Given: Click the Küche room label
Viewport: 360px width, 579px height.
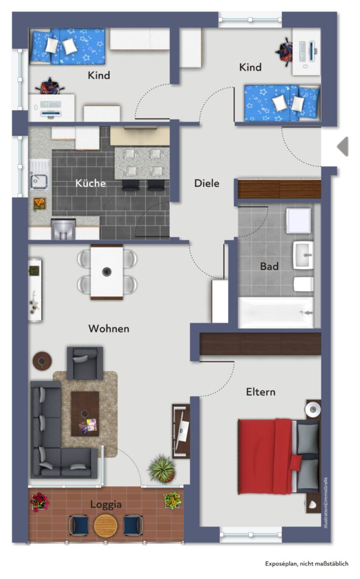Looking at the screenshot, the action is [91, 183].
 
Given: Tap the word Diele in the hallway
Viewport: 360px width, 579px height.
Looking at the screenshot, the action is [207, 183].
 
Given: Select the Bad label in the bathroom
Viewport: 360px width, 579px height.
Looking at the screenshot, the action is [269, 266].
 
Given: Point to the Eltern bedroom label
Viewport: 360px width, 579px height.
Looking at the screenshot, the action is [261, 392].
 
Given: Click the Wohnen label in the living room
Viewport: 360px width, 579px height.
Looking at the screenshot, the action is [109, 329].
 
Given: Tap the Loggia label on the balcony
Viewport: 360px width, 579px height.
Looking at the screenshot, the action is [106, 504].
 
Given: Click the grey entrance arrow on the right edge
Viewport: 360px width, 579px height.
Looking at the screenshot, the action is [343, 146].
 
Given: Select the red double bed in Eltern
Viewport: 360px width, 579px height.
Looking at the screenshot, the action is [279, 456].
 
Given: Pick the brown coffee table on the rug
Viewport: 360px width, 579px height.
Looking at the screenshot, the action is [85, 414].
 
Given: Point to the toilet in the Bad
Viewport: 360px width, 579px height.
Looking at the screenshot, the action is [304, 284].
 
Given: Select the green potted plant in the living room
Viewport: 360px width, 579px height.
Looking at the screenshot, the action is [162, 469].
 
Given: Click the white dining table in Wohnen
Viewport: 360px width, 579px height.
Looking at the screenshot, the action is [107, 272].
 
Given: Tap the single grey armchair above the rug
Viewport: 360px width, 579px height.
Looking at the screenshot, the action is [85, 363].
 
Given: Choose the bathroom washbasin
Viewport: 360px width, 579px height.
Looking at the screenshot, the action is [303, 255].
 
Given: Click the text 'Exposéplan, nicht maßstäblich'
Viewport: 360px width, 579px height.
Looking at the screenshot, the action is [306, 563].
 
